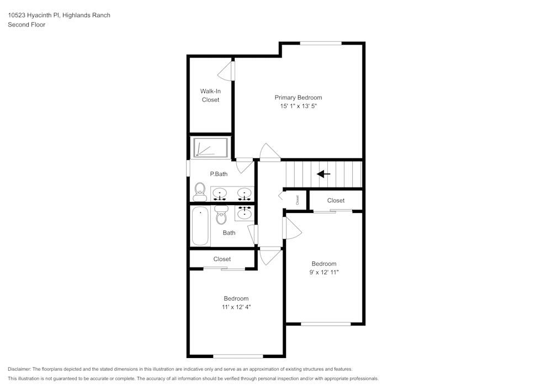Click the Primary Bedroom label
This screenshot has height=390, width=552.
298,98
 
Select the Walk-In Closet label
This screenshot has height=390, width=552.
210,95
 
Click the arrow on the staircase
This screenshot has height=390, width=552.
323,174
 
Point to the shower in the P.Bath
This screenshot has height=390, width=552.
210,147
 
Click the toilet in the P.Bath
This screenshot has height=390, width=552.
199,192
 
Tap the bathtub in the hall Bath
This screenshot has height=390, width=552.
200,226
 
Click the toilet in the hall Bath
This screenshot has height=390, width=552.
221,216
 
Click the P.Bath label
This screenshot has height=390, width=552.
219,174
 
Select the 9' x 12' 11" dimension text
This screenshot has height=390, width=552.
323,272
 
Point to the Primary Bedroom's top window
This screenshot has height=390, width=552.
321,43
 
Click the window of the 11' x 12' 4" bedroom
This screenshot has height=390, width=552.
238,356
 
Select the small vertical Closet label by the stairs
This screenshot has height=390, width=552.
297,200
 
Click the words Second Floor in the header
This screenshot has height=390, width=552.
26,25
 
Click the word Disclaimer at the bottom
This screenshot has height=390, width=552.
19,369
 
